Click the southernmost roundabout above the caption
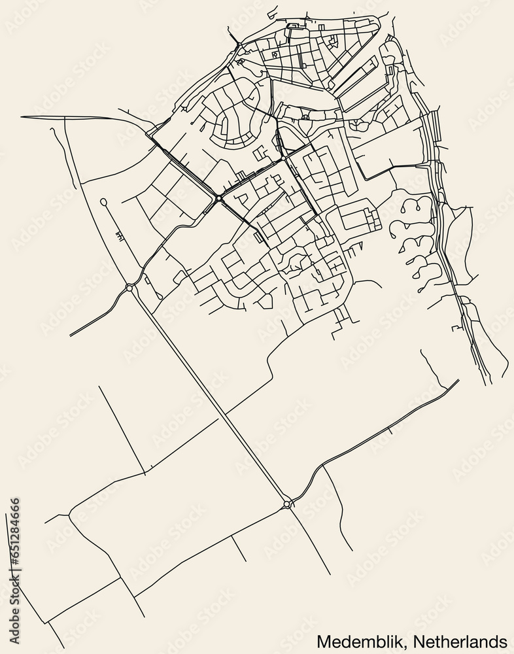[287, 504]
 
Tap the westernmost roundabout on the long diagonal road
[129, 287]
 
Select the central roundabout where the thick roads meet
[218, 198]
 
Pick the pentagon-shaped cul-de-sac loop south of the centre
[265, 301]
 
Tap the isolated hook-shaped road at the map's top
[271, 11]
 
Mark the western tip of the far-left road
[22, 117]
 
